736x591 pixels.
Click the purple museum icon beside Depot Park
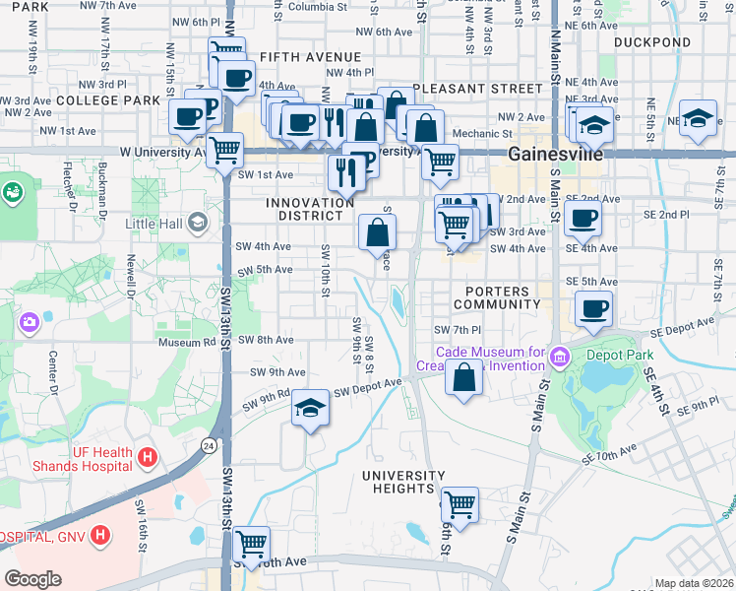(x=560, y=355)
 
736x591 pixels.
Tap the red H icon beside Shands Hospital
(x=148, y=457)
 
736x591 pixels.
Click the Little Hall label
(x=155, y=224)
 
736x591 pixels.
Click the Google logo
(x=32, y=579)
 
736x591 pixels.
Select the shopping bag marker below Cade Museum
(x=463, y=377)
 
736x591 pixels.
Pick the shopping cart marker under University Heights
(x=460, y=505)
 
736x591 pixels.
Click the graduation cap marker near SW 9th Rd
(x=310, y=411)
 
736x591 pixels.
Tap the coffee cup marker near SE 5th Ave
(x=593, y=309)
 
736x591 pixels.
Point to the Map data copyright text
(x=693, y=583)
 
